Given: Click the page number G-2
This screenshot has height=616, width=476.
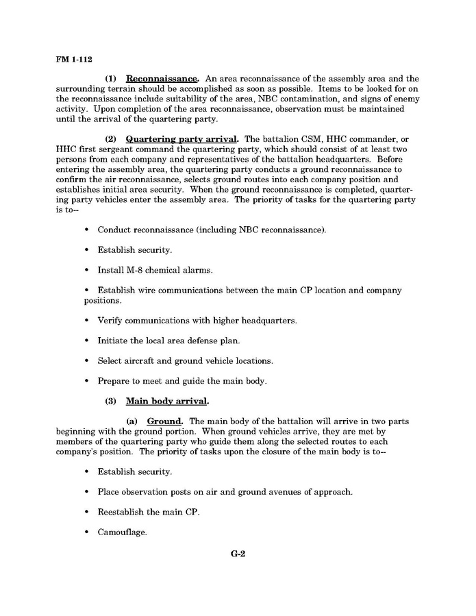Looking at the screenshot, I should [x=238, y=554].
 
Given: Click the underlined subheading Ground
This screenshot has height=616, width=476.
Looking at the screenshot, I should [x=165, y=421].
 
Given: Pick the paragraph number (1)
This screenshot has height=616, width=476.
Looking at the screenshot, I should [x=113, y=79].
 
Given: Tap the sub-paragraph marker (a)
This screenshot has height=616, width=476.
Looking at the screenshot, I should [x=134, y=421].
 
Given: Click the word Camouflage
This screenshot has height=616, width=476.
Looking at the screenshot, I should [x=123, y=532].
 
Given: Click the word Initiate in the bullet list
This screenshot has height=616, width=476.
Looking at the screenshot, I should [x=112, y=341].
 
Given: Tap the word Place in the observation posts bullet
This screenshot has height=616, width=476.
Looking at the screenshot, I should [x=109, y=492].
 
